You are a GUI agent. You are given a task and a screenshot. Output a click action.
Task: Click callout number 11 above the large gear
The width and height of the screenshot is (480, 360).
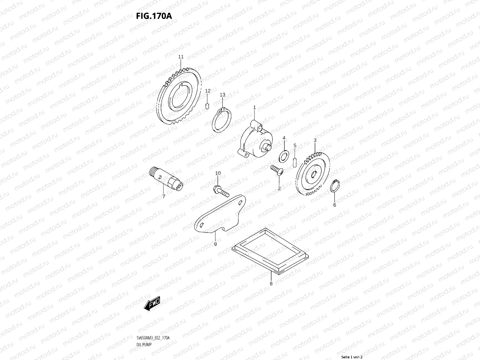[x=181, y=57]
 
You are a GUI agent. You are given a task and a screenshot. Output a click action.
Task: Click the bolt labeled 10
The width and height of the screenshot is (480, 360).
[x=220, y=190]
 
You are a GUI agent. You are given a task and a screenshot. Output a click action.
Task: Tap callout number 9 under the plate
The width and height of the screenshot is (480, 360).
[x=215, y=244]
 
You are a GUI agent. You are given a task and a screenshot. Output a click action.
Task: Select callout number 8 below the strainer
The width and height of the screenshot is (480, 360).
[x=271, y=283]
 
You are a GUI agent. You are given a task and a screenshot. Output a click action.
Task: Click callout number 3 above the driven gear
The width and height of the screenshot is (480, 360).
[x=315, y=140]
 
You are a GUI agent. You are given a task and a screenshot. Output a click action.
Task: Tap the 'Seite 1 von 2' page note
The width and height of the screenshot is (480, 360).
[x=352, y=357]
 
